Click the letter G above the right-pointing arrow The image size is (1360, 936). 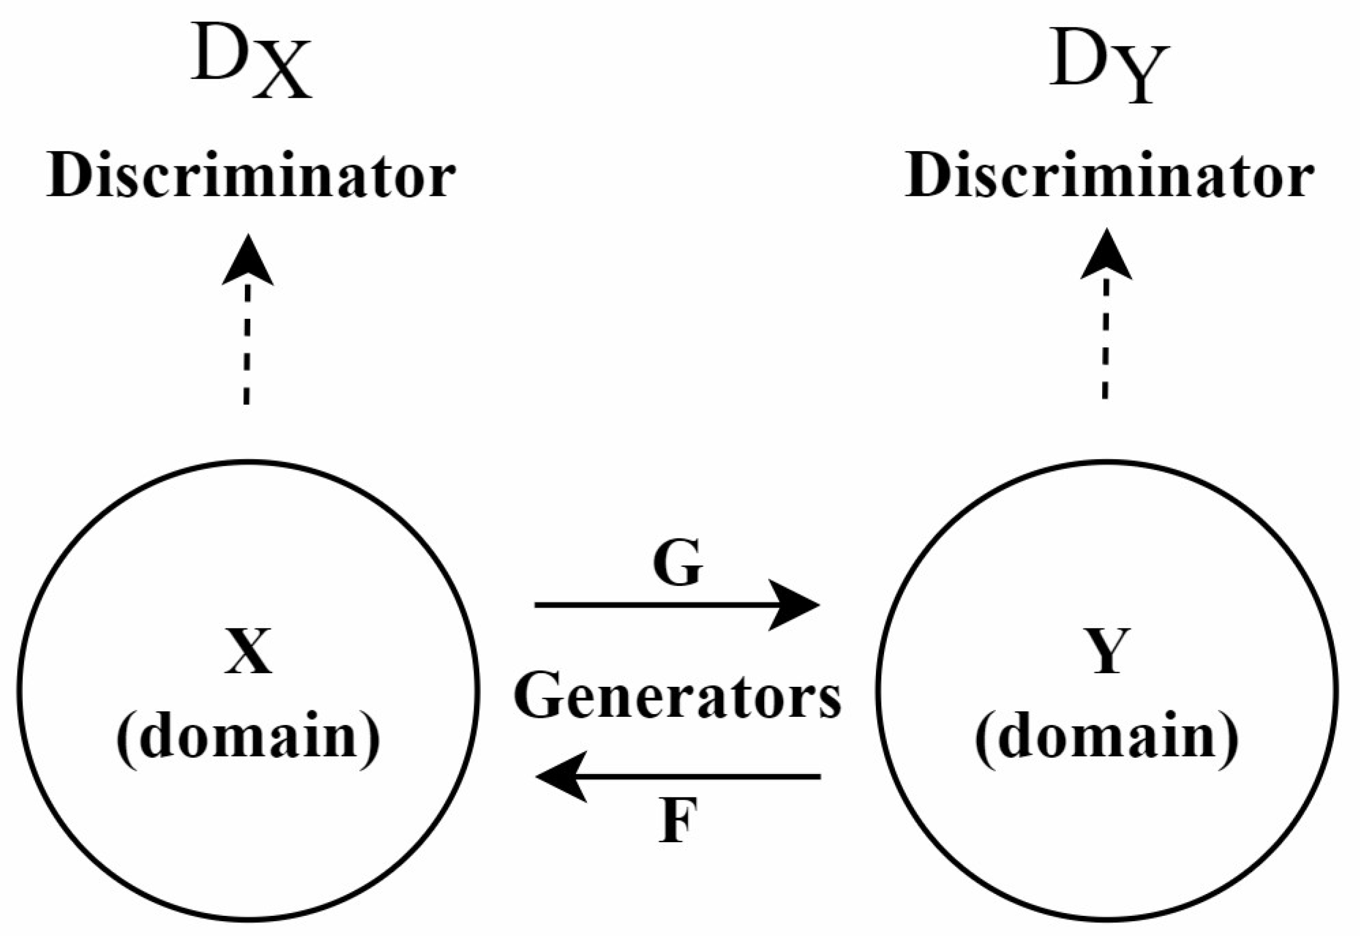click(x=678, y=563)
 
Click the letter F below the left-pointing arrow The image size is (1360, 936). click(x=678, y=820)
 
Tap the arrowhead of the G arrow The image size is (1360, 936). click(x=797, y=605)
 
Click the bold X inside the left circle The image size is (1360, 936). click(x=248, y=651)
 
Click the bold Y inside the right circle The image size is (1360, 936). click(x=1106, y=651)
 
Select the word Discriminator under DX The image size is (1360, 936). click(x=251, y=176)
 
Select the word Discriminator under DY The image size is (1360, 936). click(x=1109, y=176)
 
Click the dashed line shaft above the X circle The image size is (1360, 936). click(x=247, y=346)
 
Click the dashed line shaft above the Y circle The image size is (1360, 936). click(x=1105, y=340)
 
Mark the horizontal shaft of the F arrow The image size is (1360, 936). click(x=704, y=776)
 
